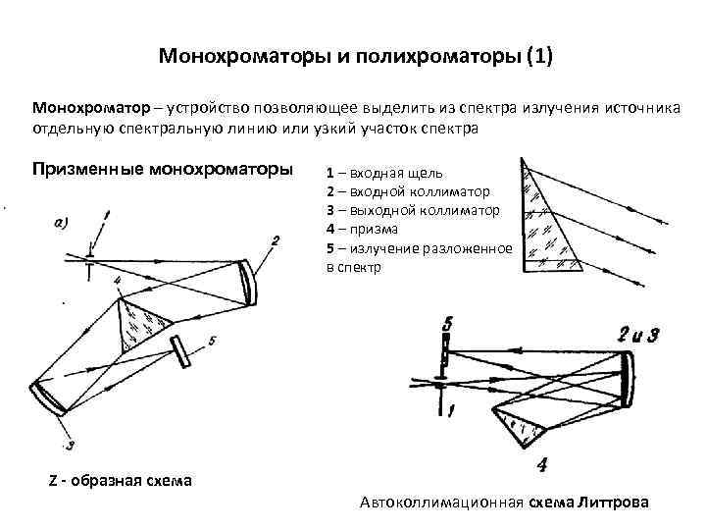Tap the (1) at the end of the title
pos(538,56)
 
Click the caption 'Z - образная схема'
pos(121,480)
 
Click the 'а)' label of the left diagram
pos(57,223)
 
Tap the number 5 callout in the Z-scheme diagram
pos(212,341)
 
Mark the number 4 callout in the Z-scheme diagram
pos(117,282)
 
